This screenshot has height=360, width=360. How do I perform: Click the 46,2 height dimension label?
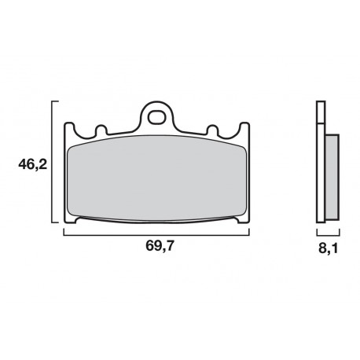32,165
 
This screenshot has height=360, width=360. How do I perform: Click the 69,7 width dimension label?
160,246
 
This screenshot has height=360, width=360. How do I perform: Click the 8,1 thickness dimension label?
328,248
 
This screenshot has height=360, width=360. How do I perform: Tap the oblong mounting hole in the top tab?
156,117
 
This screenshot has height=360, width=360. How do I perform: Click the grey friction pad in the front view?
157,178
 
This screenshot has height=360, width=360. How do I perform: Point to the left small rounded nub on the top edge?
101,130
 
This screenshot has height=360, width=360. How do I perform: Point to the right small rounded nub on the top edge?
212,130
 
